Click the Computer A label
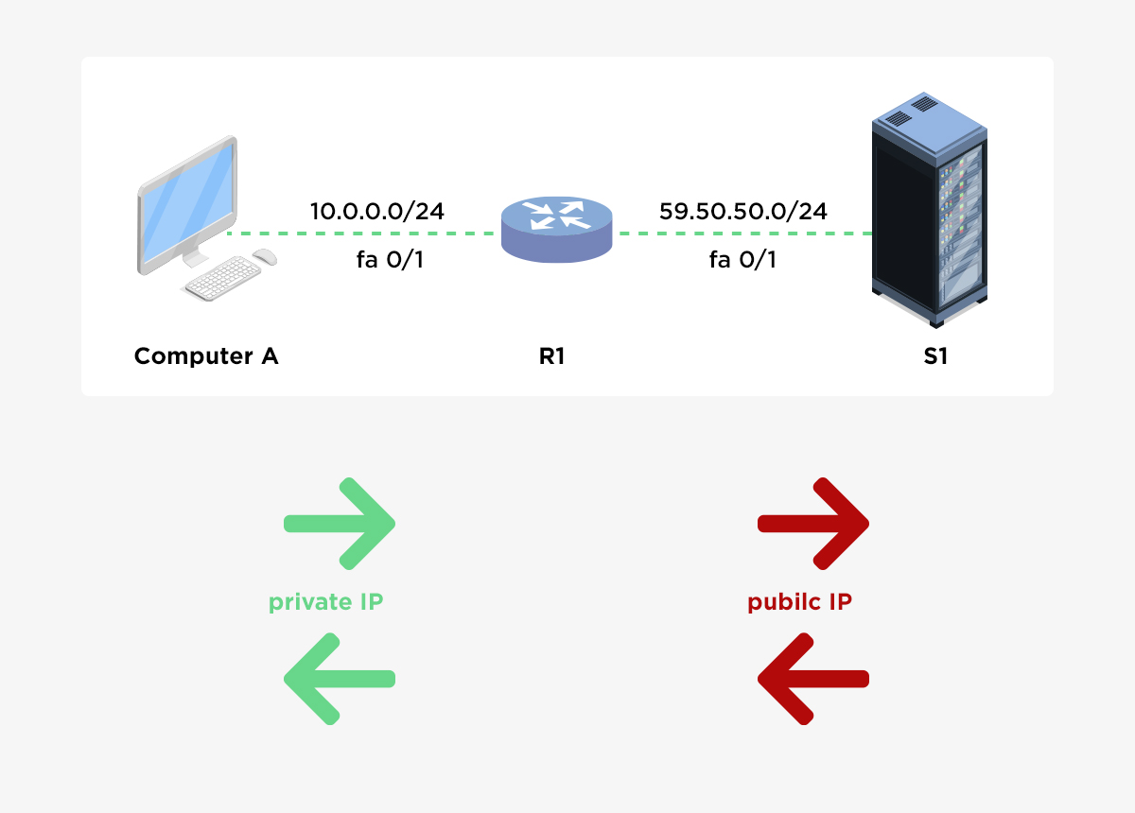tap(206, 356)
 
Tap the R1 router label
tap(551, 356)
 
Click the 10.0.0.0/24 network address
tap(377, 211)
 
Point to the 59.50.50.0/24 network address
tap(743, 211)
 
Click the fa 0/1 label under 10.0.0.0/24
tap(390, 259)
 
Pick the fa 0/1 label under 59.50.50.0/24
tap(743, 259)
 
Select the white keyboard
tap(222, 279)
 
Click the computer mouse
tap(265, 256)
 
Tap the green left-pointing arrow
tap(339, 679)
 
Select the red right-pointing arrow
tap(813, 524)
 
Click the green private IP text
tap(325, 602)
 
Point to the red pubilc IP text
tap(799, 602)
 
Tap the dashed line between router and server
tap(742, 234)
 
